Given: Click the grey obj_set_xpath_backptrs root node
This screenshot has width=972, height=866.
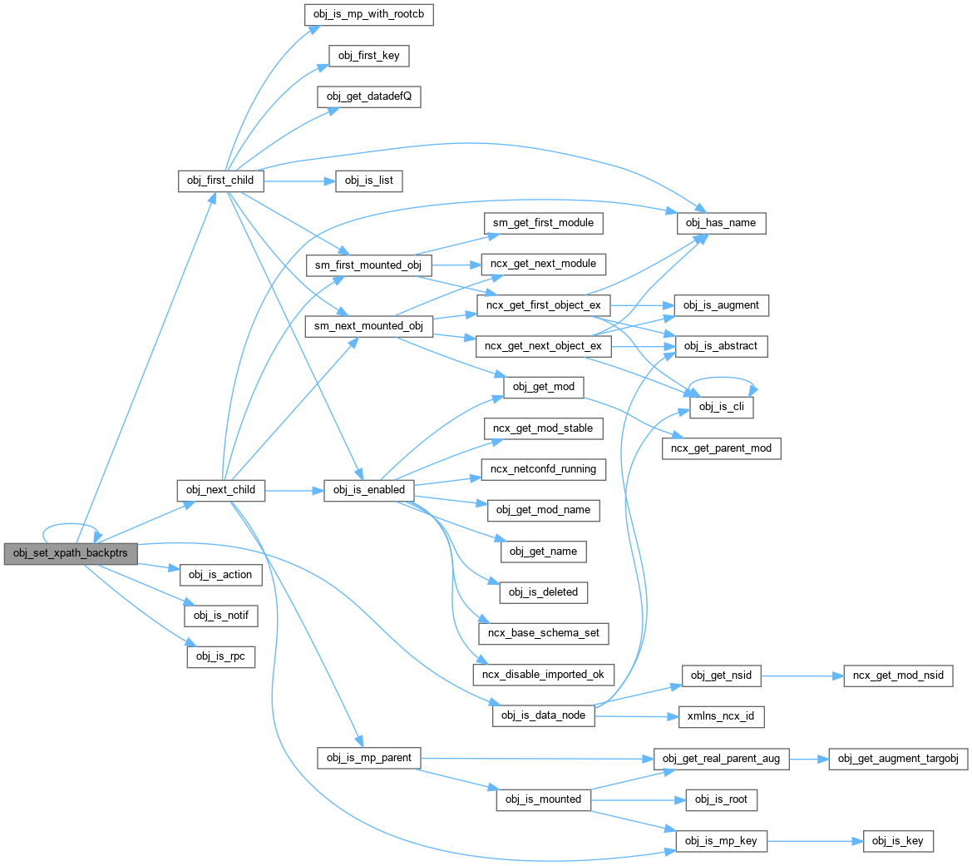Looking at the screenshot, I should coord(70,554).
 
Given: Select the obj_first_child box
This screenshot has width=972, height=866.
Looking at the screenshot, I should coord(221,180).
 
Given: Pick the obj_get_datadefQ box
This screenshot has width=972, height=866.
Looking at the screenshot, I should coord(369,96).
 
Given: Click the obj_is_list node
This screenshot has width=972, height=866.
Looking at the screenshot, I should coord(369,181).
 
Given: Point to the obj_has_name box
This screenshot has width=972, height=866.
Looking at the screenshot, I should coord(720,223).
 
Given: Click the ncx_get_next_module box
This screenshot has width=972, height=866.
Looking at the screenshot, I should coord(544,264).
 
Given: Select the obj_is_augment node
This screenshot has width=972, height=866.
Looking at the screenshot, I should coord(721,305).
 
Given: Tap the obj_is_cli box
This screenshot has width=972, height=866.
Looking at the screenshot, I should coord(721,408).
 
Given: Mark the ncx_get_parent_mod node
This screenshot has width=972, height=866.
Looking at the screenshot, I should coord(721,448).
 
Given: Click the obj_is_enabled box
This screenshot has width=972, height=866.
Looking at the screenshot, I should coord(369,490).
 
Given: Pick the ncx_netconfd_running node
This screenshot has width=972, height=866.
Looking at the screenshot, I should coord(544,469).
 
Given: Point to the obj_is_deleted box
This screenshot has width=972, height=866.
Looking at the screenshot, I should coord(544,592).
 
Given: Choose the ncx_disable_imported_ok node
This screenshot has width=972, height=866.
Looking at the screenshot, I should coord(544,674).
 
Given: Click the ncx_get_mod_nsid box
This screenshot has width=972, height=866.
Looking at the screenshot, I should coord(898,675).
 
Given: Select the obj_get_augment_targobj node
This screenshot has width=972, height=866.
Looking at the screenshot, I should coord(898,759).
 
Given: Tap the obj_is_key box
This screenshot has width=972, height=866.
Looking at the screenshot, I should coord(898,841).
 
